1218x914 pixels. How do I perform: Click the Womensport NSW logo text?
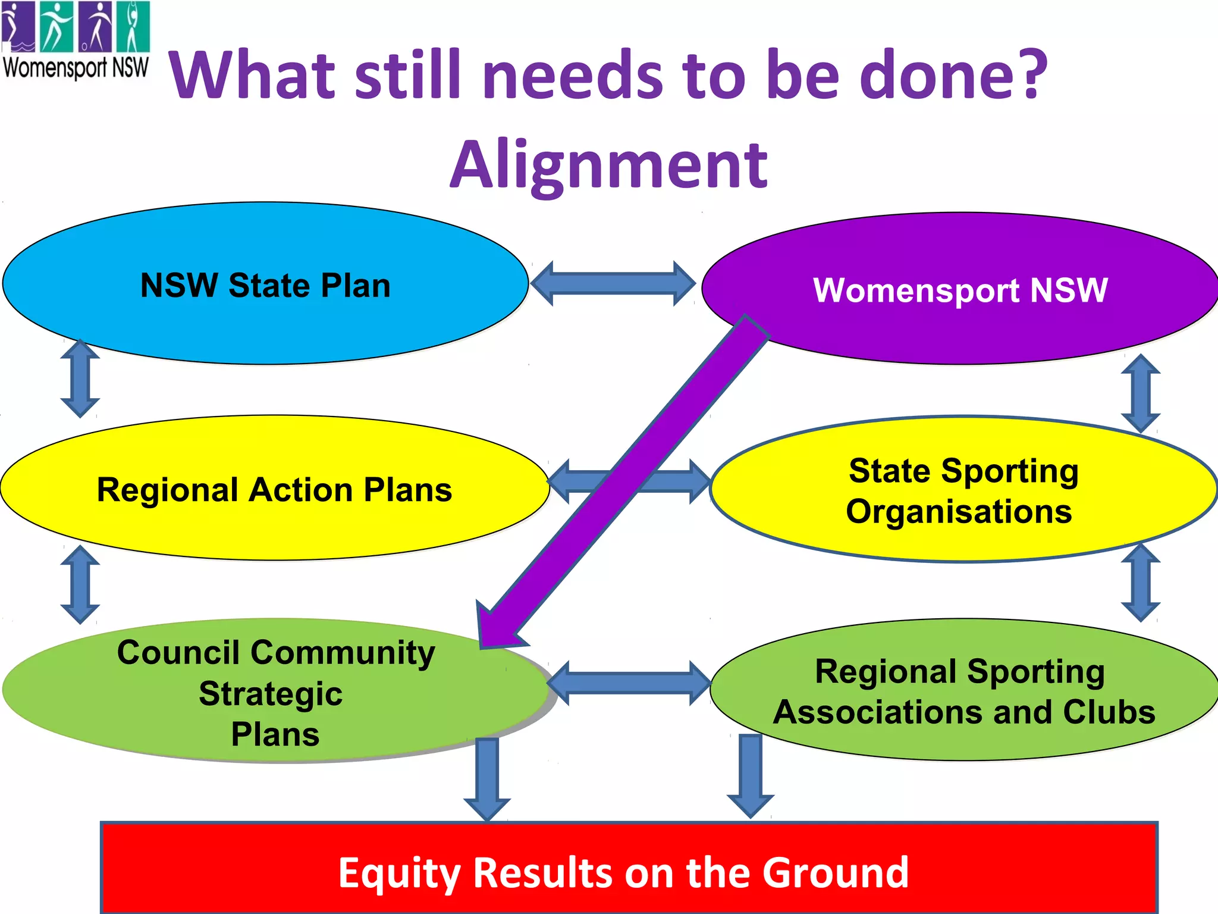pos(76,67)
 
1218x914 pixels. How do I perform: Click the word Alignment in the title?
pos(608,165)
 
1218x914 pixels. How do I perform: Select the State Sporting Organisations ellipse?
pos(963,536)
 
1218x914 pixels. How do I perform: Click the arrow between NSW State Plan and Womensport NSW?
pos(613,283)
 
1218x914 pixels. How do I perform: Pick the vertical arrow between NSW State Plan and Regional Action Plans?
pos(80,378)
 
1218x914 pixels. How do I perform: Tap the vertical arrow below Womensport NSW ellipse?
pos(1141,393)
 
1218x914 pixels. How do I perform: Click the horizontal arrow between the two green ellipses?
pos(629,683)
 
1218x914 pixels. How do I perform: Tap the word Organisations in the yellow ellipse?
pos(959,511)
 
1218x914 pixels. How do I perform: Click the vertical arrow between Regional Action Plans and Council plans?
pos(80,584)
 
